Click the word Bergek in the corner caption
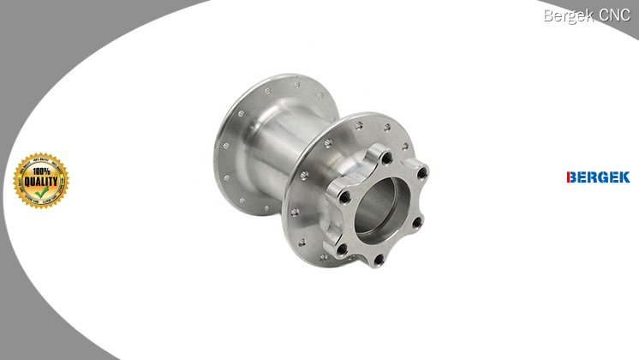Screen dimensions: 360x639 click(568, 15)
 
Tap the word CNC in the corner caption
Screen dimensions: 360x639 click(614, 15)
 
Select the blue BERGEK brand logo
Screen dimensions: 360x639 click(598, 177)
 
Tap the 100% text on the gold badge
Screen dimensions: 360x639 click(41, 169)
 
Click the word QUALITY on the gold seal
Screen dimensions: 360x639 click(41, 180)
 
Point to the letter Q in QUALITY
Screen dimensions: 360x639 click(27, 180)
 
